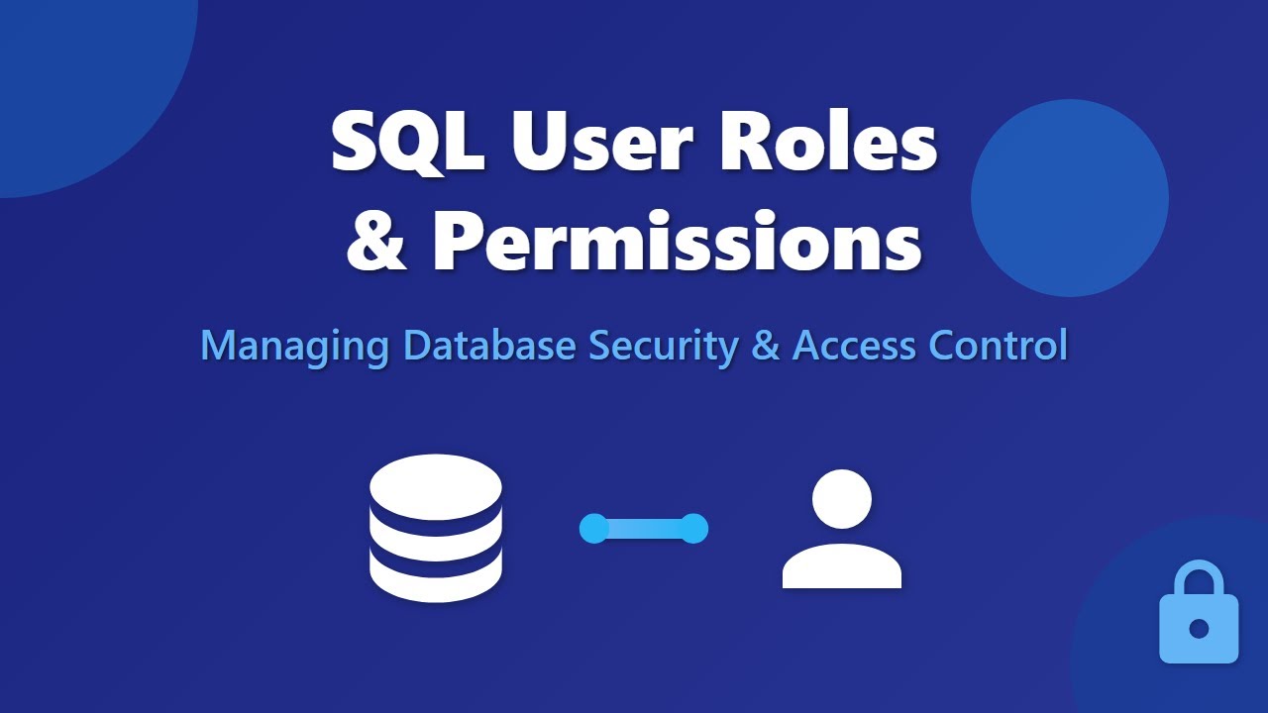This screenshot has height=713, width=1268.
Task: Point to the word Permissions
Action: point(678,243)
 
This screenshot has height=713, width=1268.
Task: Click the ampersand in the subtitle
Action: point(766,346)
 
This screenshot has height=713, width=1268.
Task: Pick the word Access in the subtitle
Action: point(855,346)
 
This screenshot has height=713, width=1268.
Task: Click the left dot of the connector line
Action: point(593,529)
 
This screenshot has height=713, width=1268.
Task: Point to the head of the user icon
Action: point(841,499)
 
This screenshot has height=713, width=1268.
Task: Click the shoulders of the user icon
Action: point(841,566)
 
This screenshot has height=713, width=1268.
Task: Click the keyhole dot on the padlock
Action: point(1199,629)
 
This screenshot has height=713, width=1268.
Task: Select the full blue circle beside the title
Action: point(1069,198)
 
